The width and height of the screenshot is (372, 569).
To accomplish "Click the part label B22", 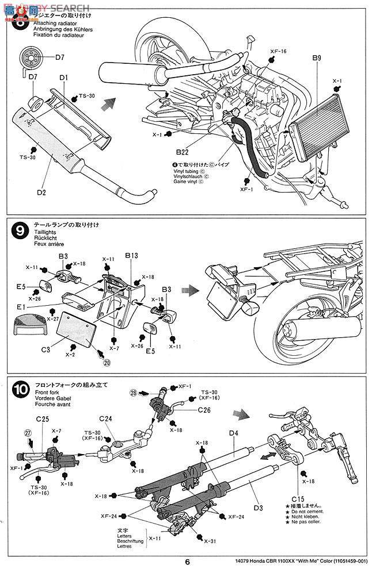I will (x=183, y=153).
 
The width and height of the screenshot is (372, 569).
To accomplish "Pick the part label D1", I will (x=63, y=77).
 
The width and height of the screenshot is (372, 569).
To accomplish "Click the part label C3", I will (x=47, y=349).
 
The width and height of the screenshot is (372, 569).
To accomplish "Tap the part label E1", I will (x=21, y=307).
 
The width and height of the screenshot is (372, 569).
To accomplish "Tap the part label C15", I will (x=298, y=498).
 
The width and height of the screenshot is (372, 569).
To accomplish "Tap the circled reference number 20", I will (x=106, y=363).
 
